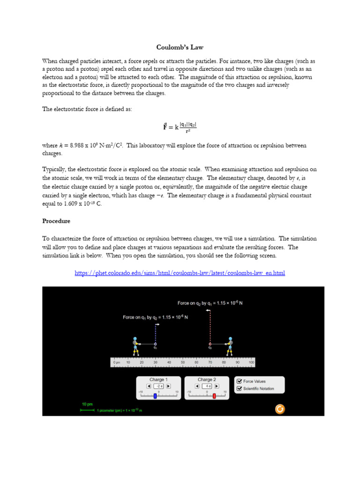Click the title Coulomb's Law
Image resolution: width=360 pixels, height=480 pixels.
tap(180, 47)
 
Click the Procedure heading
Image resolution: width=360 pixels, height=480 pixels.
tap(56, 221)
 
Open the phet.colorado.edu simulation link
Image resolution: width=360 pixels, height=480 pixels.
tap(180, 273)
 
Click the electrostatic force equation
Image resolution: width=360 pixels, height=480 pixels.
tap(180, 127)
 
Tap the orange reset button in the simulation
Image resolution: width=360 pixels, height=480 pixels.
tap(279, 409)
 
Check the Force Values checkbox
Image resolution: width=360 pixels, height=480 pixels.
tap(240, 382)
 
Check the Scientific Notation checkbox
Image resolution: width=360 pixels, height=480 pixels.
tap(240, 389)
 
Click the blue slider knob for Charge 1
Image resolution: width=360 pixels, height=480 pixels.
tap(155, 396)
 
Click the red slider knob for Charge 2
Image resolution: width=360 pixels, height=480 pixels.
tap(214, 396)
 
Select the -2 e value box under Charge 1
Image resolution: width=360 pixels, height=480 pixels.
tap(158, 386)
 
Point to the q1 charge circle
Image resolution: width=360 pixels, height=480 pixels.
tap(155, 344)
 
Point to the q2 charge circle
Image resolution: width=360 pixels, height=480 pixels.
tap(210, 344)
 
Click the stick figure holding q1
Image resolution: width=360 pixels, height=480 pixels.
tap(135, 346)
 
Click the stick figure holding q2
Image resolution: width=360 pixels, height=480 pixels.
tap(230, 346)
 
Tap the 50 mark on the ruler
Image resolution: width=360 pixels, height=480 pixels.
tap(183, 362)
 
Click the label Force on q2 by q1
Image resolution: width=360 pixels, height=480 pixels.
tap(210, 303)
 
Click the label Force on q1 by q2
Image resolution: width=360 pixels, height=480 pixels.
tap(155, 317)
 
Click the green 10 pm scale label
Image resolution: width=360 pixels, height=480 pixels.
tap(87, 404)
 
